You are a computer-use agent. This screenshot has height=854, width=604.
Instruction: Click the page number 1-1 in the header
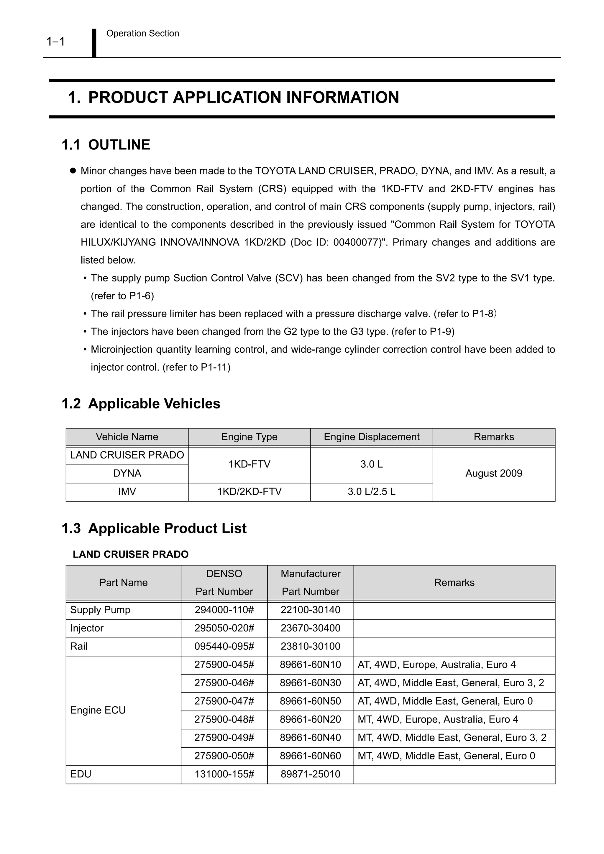(56, 41)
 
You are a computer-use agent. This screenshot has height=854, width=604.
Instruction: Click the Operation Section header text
(142, 34)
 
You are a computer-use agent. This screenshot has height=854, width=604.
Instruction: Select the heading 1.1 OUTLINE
(106, 145)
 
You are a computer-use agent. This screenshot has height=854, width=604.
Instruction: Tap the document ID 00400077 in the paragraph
(355, 243)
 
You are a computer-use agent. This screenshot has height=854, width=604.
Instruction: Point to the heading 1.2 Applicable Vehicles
(141, 403)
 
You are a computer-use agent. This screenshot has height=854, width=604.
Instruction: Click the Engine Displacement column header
(371, 437)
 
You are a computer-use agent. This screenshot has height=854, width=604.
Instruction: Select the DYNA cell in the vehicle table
(127, 474)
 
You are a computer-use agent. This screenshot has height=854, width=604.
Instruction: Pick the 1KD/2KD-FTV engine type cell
(249, 492)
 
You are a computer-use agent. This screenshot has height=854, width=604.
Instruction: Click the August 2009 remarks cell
(493, 474)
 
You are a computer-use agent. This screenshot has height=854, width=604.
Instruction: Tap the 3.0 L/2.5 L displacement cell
(371, 492)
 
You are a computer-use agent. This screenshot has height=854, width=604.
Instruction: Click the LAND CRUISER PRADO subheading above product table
(131, 554)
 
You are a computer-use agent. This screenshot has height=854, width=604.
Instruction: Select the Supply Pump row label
(100, 610)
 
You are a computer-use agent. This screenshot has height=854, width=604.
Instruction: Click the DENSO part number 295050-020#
(224, 628)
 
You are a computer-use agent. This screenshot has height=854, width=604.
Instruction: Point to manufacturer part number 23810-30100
(310, 647)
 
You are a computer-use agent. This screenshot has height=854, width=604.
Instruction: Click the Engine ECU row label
(98, 710)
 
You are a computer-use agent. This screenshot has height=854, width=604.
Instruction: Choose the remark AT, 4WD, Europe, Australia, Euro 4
(436, 665)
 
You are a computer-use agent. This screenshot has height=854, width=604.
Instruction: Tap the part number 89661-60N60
(310, 756)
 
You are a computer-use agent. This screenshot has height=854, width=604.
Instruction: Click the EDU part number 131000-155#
(224, 774)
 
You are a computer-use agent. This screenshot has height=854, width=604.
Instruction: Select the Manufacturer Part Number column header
(310, 583)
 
